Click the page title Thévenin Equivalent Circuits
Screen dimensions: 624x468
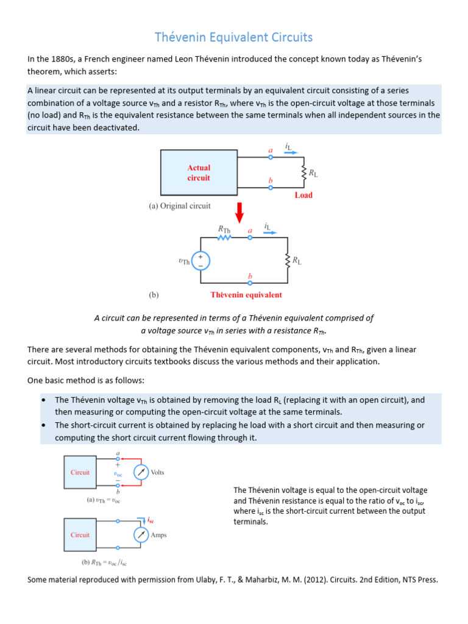coord(234,38)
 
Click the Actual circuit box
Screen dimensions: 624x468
coord(199,172)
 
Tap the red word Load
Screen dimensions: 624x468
coord(303,195)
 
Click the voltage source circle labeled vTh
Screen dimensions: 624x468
coord(201,261)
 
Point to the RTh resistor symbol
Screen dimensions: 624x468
coord(225,238)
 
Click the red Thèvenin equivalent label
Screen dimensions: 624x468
coord(246,295)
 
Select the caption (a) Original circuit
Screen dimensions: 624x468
coord(180,206)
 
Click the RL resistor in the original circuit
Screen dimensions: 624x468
coord(303,172)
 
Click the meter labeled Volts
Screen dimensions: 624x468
coord(141,472)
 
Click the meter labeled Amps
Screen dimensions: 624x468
coord(141,534)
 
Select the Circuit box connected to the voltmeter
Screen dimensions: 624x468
coord(80,472)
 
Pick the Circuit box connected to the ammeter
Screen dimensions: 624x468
coord(80,535)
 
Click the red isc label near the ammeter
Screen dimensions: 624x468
coord(151,520)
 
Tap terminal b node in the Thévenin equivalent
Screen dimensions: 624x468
coord(249,283)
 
